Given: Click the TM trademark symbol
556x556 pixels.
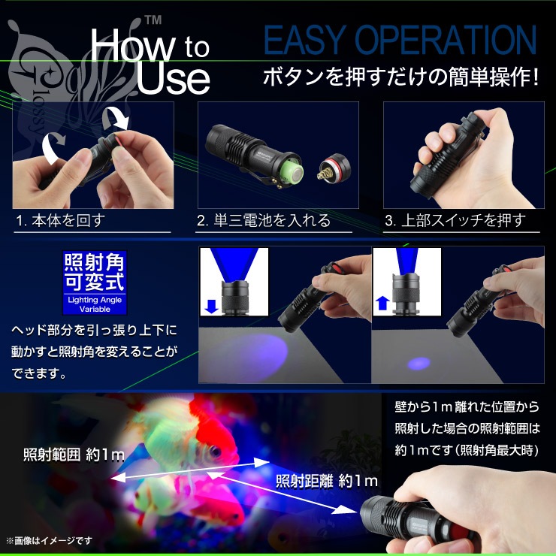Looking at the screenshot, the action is pyautogui.click(x=153, y=20).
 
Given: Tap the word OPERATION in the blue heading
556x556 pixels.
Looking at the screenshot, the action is pyautogui.click(x=446, y=40).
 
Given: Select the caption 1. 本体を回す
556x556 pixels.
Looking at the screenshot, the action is pyautogui.click(x=60, y=220).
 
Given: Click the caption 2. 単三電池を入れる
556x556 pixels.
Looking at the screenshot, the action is pyautogui.click(x=264, y=220).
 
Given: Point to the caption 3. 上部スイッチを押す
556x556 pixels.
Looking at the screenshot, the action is pyautogui.click(x=455, y=220).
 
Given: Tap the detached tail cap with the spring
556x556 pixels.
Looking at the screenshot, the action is pyautogui.click(x=334, y=168).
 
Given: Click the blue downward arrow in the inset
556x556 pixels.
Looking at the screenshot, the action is pyautogui.click(x=211, y=307).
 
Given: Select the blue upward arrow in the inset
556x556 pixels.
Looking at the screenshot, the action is pyautogui.click(x=382, y=304).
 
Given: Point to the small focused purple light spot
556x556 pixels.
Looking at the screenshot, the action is pyautogui.click(x=419, y=364).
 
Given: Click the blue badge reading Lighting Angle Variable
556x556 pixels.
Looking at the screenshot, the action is pyautogui.click(x=95, y=283).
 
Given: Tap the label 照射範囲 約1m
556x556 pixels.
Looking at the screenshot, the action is pyautogui.click(x=74, y=455).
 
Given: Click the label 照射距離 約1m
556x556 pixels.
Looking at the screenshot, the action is pyautogui.click(x=327, y=481).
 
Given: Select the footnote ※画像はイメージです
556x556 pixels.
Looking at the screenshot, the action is pyautogui.click(x=49, y=540).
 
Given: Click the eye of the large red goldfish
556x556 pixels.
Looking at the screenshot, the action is pyautogui.click(x=215, y=452).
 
